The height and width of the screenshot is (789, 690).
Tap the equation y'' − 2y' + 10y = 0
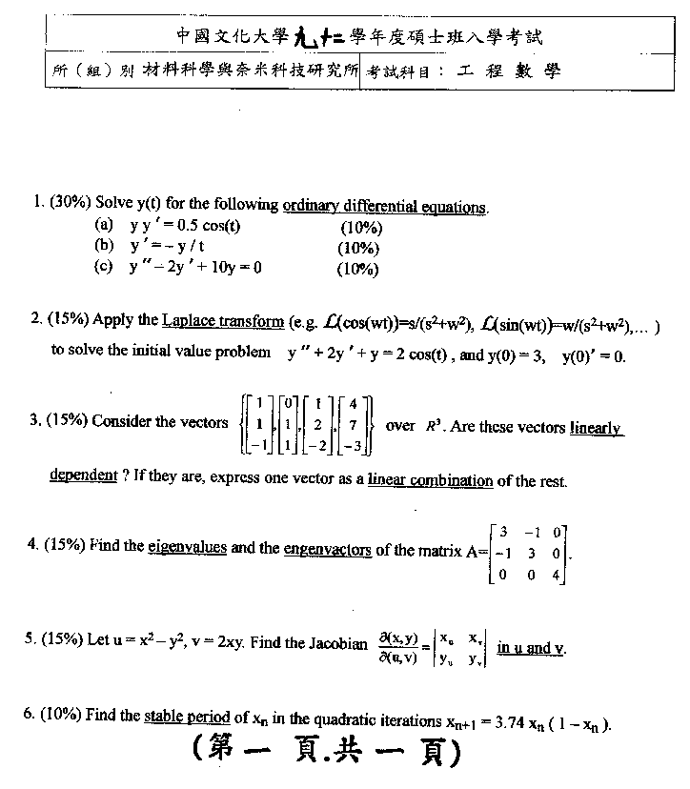tap(196, 268)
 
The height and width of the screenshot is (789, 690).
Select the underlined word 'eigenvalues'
tap(188, 548)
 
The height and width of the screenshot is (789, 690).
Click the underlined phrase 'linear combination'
tap(431, 480)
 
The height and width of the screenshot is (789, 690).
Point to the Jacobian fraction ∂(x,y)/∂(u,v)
tap(398, 646)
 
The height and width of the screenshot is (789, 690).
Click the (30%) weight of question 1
tap(72, 202)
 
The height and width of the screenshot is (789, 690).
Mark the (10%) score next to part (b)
tap(359, 248)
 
